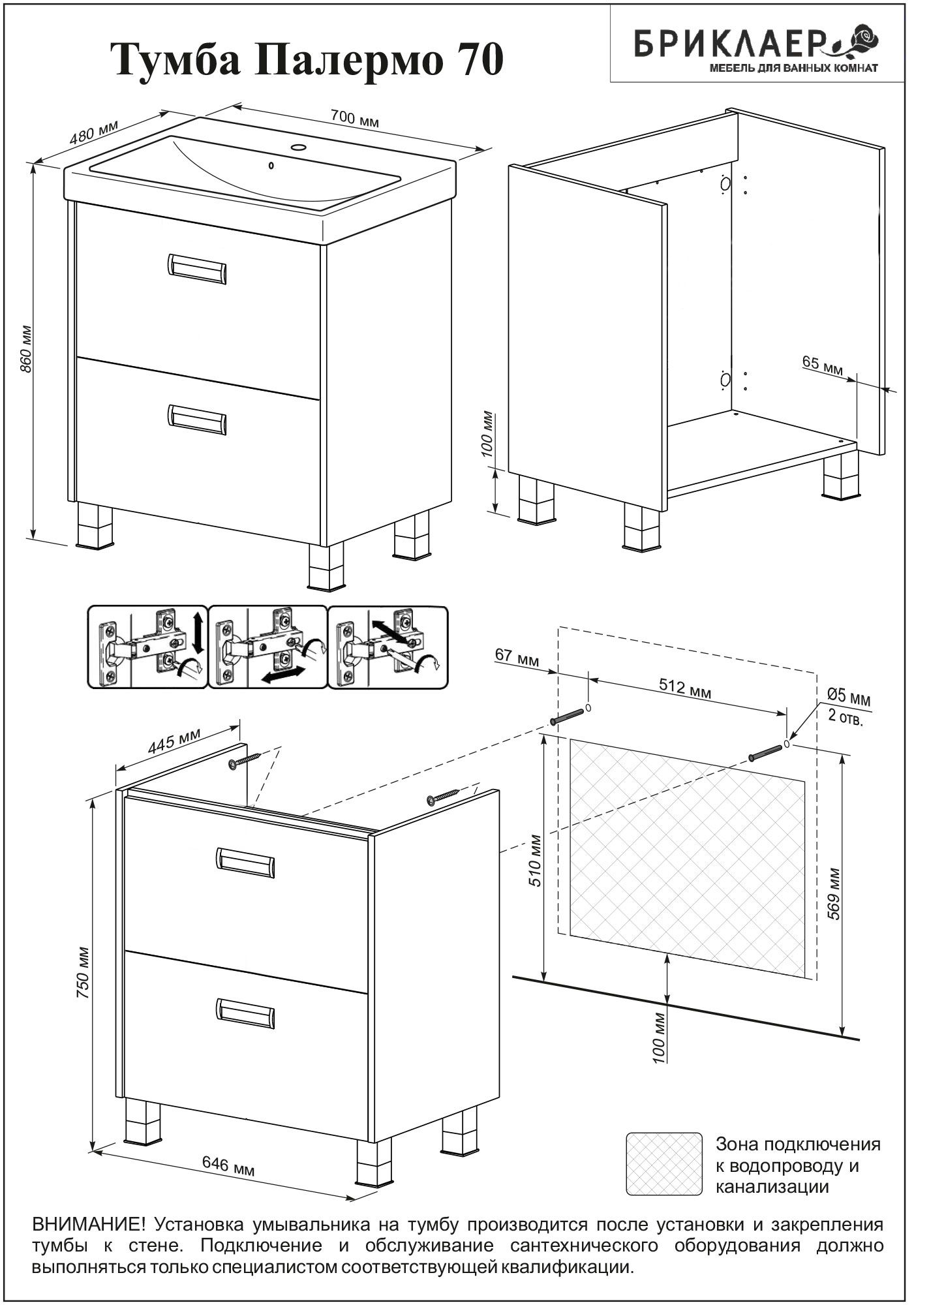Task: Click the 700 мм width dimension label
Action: point(354,118)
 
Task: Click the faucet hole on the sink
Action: point(299,147)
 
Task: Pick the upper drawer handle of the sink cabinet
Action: point(198,269)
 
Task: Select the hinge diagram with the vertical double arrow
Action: point(147,647)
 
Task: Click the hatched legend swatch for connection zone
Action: point(664,1163)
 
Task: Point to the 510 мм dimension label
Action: point(536,860)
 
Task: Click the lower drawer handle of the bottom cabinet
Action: point(245,1013)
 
